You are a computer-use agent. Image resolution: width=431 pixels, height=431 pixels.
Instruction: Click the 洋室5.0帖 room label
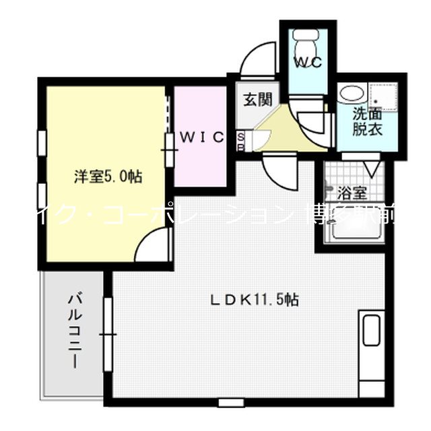pyautogui.click(x=107, y=177)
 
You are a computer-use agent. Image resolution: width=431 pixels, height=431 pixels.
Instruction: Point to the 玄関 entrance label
pyautogui.click(x=257, y=100)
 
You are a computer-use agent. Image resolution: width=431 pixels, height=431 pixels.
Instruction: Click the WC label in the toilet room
pyautogui.click(x=308, y=61)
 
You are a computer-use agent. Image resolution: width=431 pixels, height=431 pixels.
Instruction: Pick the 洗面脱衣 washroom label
pyautogui.click(x=368, y=122)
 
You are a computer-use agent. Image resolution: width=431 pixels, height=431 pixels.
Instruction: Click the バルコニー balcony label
pyautogui.click(x=75, y=329)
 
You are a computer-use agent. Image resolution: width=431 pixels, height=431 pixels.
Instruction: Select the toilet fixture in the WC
pyautogui.click(x=307, y=37)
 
